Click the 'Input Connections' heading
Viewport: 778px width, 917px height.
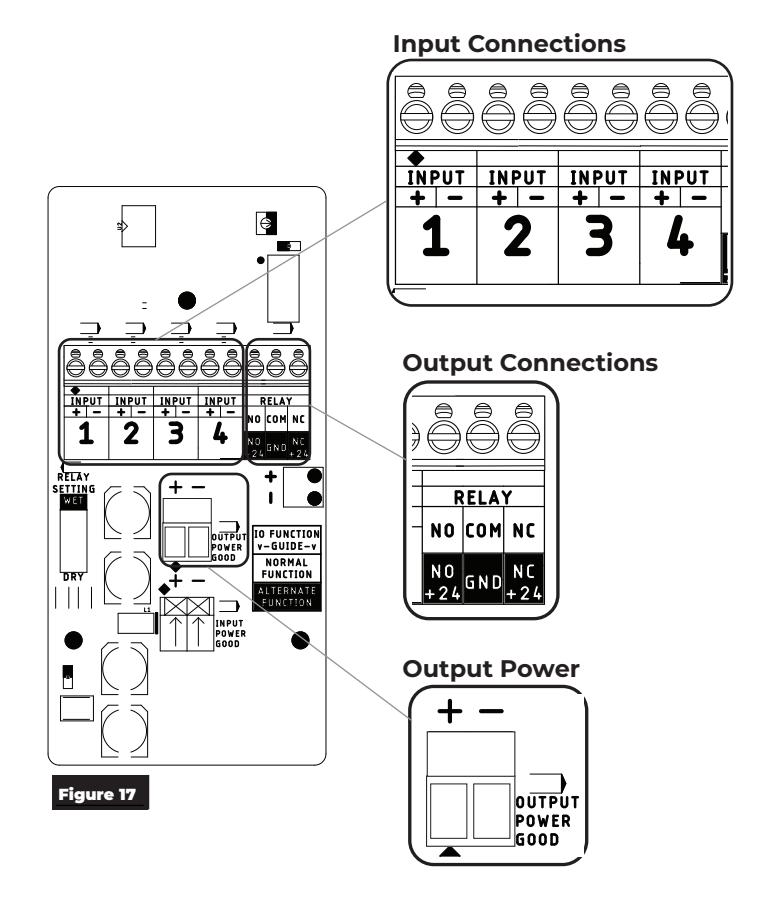click(x=509, y=44)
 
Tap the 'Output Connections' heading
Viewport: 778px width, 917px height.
click(x=530, y=363)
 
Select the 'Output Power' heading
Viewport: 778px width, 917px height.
click(x=491, y=668)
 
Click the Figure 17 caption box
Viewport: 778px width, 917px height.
click(x=100, y=793)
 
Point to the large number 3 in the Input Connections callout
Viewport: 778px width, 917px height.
click(x=598, y=236)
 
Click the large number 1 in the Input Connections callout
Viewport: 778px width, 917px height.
click(x=435, y=236)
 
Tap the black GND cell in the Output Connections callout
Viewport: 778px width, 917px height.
click(x=483, y=582)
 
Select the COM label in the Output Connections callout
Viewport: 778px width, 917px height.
click(x=483, y=530)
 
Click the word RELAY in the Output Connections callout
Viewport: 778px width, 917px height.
click(x=483, y=498)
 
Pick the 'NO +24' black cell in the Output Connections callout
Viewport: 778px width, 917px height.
click(x=442, y=582)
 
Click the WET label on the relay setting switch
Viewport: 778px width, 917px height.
click(x=74, y=501)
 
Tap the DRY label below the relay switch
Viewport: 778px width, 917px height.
click(x=73, y=577)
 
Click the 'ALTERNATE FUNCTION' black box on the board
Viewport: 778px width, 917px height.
click(x=287, y=597)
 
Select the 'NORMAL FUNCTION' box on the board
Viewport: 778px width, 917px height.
click(x=287, y=568)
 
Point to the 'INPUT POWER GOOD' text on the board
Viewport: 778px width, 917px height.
click(x=230, y=634)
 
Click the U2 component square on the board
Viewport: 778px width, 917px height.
click(x=139, y=226)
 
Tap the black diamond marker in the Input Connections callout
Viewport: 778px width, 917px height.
click(x=415, y=158)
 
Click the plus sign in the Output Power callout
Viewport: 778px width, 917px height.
click(x=449, y=711)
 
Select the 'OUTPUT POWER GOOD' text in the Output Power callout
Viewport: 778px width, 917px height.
click(x=547, y=821)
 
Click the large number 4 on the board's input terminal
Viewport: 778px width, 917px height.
click(x=220, y=433)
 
